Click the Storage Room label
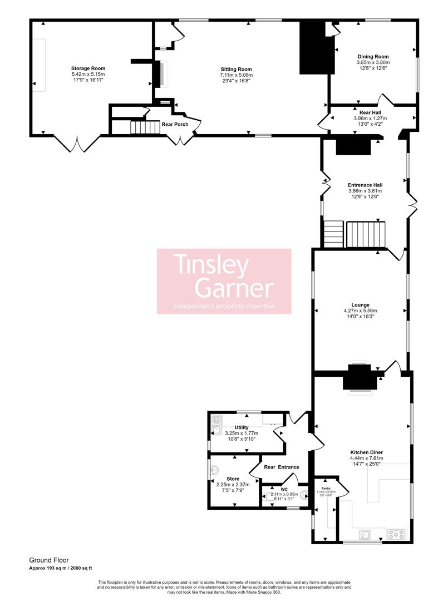[88, 68]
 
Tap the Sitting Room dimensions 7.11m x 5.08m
[237, 75]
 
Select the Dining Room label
[373, 57]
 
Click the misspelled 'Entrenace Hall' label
[365, 185]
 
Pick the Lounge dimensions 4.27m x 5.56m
[360, 311]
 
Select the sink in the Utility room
[216, 426]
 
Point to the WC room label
[284, 489]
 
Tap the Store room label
[233, 479]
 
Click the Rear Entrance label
[282, 467]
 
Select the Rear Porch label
[175, 124]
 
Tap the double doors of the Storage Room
[77, 144]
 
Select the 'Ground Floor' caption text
[48, 560]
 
